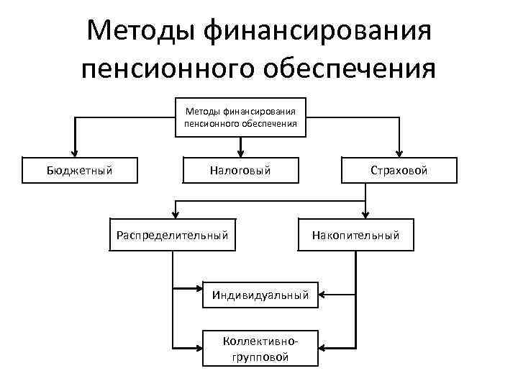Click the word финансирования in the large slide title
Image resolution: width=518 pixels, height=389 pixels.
tap(317, 31)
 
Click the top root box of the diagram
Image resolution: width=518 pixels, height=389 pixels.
tap(241, 117)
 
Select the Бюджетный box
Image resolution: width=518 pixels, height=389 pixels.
tap(79, 170)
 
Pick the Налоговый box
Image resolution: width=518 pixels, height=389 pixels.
tap(240, 170)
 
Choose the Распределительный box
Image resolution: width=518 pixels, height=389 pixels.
tap(173, 234)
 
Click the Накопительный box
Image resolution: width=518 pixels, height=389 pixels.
tap(355, 234)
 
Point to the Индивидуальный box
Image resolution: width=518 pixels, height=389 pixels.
tap(260, 294)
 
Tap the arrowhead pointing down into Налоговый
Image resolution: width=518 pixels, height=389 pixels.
tap(241, 152)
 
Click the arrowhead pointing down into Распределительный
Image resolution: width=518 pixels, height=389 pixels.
tap(173, 213)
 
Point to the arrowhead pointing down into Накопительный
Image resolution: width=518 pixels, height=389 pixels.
tap(366, 213)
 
